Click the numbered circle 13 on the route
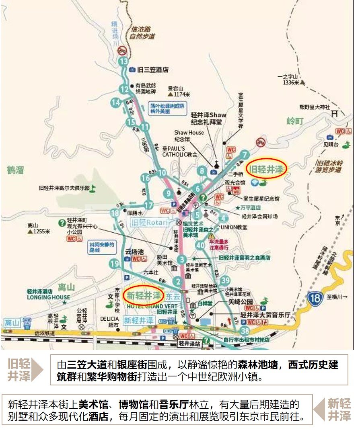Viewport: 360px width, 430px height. tap(124, 61)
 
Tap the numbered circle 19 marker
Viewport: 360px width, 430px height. tap(115, 264)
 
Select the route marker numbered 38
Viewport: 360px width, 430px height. tap(245, 331)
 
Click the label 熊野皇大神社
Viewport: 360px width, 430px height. tap(315, 107)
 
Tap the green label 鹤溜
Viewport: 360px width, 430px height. tap(16, 170)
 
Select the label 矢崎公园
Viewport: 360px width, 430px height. tap(241, 301)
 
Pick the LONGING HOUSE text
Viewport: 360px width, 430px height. tap(48, 297)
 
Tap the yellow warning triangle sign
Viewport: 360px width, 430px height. tap(212, 236)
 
